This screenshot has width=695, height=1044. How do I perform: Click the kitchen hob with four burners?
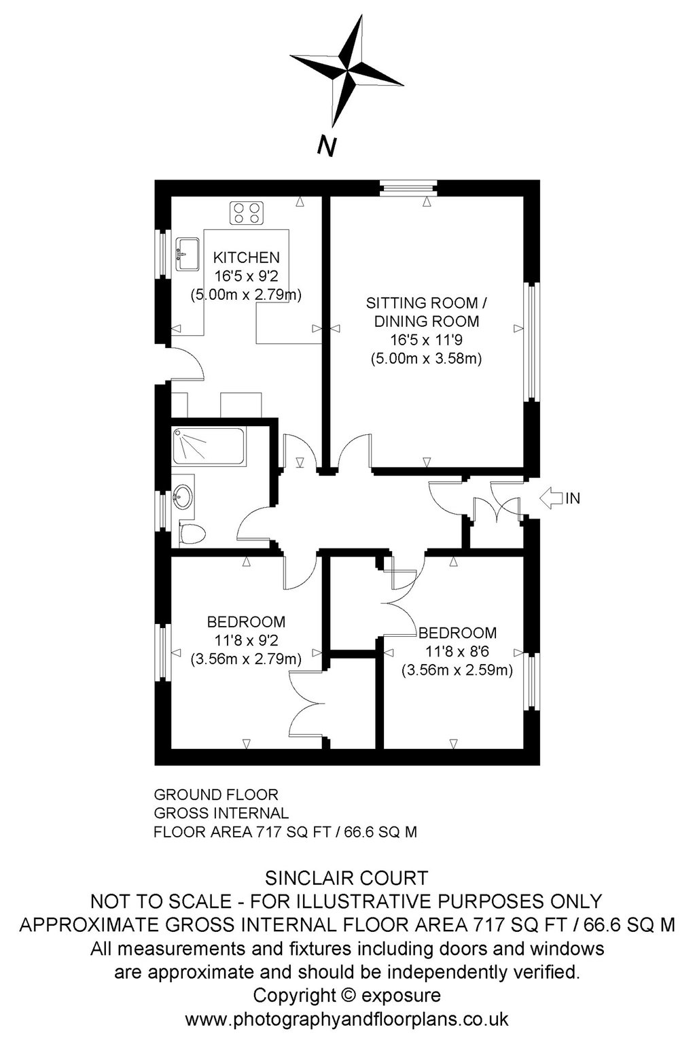click(247, 213)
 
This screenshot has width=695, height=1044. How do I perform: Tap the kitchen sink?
click(188, 254)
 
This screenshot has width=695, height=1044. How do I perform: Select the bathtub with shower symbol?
click(208, 446)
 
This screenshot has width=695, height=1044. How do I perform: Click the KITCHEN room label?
click(247, 258)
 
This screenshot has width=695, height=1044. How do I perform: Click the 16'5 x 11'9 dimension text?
click(426, 340)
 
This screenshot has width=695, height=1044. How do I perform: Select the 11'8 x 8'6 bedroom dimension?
click(457, 651)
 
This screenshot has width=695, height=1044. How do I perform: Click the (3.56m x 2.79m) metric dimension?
click(246, 659)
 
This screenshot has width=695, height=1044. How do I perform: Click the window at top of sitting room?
click(408, 188)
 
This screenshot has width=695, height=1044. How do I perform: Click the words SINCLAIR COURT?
click(346, 878)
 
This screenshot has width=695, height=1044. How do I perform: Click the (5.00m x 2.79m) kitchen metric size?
click(246, 294)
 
